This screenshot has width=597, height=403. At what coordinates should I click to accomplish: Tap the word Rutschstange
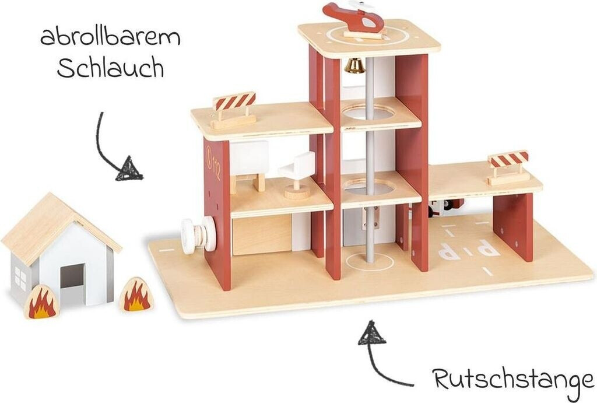tap(513, 379)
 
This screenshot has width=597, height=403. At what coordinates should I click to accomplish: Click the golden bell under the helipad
tap(354, 66)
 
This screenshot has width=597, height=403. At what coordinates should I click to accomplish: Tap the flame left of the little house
tap(41, 302)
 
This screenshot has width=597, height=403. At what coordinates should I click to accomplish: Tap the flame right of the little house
tap(136, 294)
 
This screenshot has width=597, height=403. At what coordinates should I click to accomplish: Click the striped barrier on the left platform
tap(234, 102)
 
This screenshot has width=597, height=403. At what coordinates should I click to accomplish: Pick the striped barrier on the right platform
tap(508, 159)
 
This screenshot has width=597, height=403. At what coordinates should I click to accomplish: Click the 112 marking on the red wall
tap(214, 157)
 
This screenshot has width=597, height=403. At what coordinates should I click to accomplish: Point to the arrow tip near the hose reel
tap(130, 170)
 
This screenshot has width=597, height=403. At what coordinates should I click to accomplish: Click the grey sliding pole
tap(370, 175)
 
